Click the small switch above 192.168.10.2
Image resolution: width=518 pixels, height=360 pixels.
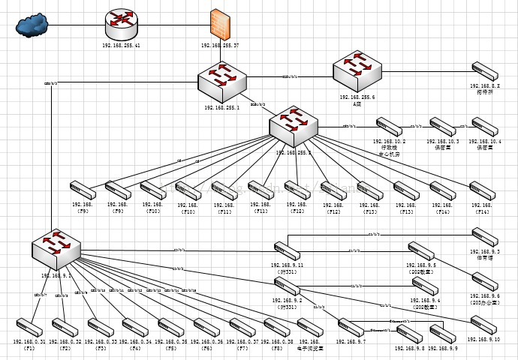pyautogui.click(x=390, y=126)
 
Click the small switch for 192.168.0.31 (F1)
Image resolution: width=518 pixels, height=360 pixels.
pyautogui.click(x=29, y=327)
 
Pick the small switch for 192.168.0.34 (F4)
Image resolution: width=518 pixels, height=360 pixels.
pyautogui.click(x=135, y=327)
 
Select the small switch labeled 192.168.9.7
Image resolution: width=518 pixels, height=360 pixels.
pyautogui.click(x=351, y=327)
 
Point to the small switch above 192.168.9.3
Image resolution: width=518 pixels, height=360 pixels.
pyautogui.click(x=483, y=237)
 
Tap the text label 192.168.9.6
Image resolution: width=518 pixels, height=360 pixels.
pyautogui.click(x=485, y=296)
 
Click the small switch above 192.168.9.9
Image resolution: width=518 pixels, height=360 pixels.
pyautogui.click(x=442, y=333)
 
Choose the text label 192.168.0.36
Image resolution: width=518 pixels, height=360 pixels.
pyautogui.click(x=206, y=342)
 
